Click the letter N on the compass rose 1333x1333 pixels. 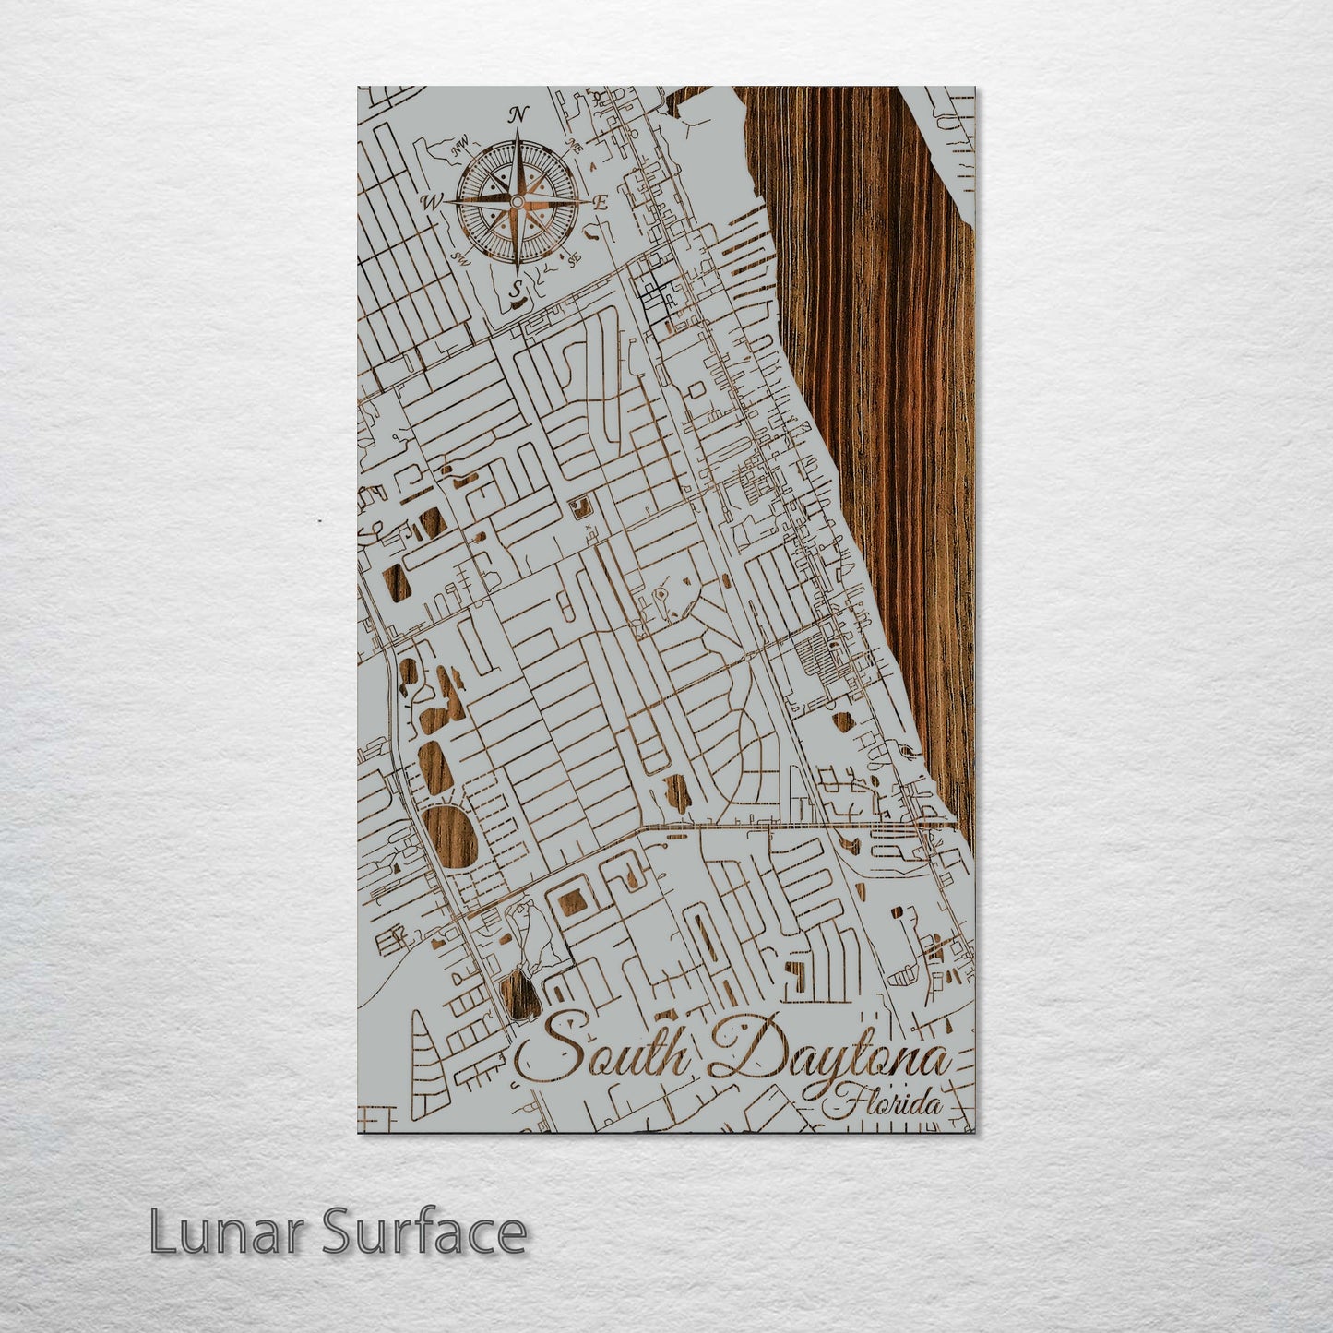click(519, 115)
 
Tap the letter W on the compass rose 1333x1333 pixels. click(431, 201)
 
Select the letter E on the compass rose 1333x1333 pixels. click(601, 204)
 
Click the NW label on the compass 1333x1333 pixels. click(457, 146)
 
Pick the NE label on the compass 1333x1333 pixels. click(575, 144)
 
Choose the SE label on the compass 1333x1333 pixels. click(574, 260)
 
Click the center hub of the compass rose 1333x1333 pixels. click(517, 200)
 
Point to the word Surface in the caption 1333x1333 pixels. click(424, 1232)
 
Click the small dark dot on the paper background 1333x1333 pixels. click(319, 521)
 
